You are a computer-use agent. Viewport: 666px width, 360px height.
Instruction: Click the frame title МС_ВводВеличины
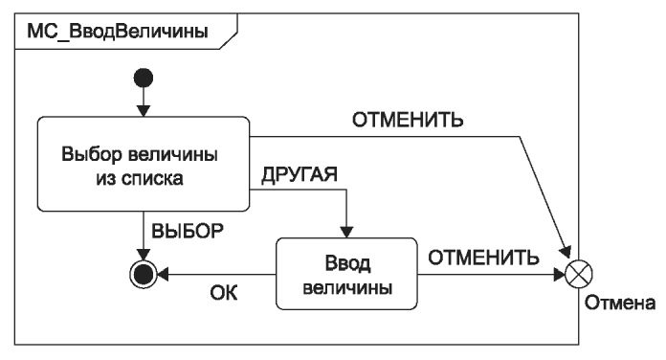click(x=118, y=32)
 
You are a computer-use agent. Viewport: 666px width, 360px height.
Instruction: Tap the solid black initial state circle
click(x=144, y=79)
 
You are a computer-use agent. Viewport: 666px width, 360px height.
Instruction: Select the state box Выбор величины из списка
click(x=144, y=164)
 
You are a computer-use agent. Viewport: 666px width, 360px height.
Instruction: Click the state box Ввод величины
click(x=346, y=274)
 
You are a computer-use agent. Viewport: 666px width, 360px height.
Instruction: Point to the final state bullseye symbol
click(x=144, y=274)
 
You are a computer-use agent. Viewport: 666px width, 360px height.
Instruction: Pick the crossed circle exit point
click(x=579, y=274)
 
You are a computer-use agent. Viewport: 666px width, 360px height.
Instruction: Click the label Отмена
click(x=620, y=304)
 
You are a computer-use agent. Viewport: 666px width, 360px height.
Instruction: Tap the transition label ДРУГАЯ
click(x=300, y=174)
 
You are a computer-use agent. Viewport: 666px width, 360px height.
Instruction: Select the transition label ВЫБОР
click(x=188, y=231)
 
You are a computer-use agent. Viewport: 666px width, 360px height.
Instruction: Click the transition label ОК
click(x=223, y=293)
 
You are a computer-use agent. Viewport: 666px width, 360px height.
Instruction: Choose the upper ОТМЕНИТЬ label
click(x=408, y=120)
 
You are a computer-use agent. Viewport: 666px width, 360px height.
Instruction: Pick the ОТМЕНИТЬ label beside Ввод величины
click(x=483, y=258)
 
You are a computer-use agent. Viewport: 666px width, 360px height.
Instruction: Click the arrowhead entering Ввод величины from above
click(x=346, y=232)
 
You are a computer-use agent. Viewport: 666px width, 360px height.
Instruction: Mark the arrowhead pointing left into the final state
click(x=163, y=274)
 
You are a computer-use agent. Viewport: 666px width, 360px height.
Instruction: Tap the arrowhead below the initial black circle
click(x=144, y=111)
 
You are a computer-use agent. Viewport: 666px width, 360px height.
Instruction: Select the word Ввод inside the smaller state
click(x=347, y=263)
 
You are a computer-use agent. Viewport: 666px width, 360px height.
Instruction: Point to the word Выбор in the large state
click(x=91, y=154)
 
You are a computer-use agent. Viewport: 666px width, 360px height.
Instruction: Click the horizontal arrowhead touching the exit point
click(x=560, y=274)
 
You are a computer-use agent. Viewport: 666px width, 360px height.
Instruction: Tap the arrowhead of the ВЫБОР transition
click(x=144, y=255)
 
